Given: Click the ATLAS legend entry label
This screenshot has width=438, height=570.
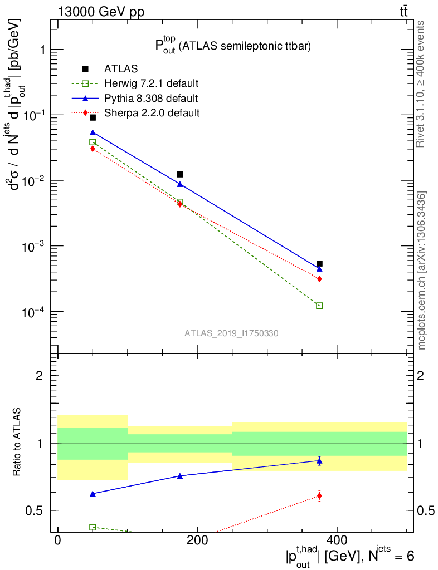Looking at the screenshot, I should tap(121, 69).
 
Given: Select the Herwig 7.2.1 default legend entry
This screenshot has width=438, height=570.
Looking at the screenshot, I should tap(151, 84).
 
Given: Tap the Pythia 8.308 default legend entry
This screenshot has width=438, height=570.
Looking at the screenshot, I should tap(150, 99).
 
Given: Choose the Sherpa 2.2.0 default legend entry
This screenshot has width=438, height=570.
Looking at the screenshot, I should tap(152, 113).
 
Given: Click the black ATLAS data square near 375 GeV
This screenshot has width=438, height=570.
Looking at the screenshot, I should tap(319, 264).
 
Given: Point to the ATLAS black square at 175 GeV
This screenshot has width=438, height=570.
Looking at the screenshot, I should tap(179, 175).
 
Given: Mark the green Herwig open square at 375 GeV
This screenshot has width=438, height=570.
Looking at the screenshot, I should tap(319, 306).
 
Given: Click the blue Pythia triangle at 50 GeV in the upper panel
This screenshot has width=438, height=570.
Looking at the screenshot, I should tap(93, 132).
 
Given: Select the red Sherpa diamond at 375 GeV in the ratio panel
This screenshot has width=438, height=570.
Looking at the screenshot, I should tap(319, 495).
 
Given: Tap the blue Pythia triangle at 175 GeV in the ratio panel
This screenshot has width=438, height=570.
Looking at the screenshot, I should tap(179, 476).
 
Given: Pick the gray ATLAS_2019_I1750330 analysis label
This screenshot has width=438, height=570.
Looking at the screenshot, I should tap(231, 333).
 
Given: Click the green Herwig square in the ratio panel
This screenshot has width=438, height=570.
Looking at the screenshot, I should tap(93, 527).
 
